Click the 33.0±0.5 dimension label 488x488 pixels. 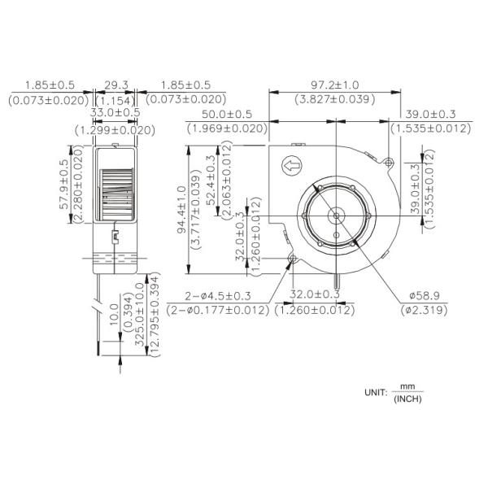click(115, 115)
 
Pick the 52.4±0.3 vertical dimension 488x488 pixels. click(213, 186)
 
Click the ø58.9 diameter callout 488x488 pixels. click(423, 296)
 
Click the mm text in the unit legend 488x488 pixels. click(407, 386)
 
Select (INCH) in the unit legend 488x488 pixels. click(407, 399)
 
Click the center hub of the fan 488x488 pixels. click(336, 215)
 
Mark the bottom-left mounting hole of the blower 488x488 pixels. click(294, 259)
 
